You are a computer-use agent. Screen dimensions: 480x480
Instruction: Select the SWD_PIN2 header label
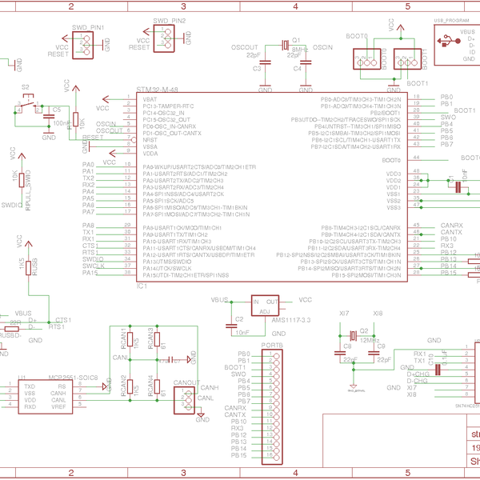(168, 20)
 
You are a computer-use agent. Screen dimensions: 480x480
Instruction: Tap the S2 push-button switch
(30, 104)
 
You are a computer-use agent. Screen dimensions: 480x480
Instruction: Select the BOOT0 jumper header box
(366, 58)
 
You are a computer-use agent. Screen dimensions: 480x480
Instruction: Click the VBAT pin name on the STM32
(150, 98)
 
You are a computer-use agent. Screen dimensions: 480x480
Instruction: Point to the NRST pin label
(150, 140)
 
